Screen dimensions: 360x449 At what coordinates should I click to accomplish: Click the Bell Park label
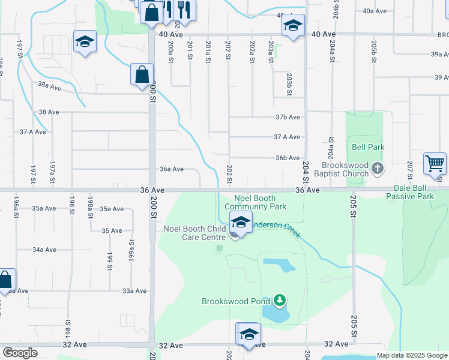pyautogui.click(x=367, y=147)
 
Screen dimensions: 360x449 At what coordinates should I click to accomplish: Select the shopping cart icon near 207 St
pyautogui.click(x=435, y=163)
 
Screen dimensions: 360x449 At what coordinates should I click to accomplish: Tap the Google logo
pyautogui.click(x=20, y=353)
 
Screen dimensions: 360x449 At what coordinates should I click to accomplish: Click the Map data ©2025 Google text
pyautogui.click(x=411, y=355)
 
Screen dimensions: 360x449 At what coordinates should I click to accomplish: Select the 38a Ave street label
pyautogui.click(x=49, y=87)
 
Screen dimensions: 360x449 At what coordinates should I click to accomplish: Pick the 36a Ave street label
pyautogui.click(x=172, y=169)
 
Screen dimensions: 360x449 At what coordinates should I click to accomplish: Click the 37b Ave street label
pyautogui.click(x=288, y=117)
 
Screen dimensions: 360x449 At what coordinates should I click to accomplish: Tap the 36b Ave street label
pyautogui.click(x=288, y=158)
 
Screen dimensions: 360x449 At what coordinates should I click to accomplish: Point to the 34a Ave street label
pyautogui.click(x=44, y=250)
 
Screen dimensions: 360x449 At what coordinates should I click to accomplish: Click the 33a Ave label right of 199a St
pyautogui.click(x=134, y=291)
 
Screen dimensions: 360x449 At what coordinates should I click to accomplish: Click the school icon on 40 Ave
pyautogui.click(x=293, y=26)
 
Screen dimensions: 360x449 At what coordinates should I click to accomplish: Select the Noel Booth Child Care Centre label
pyautogui.click(x=195, y=232)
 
